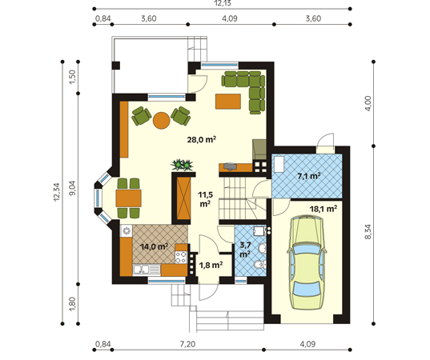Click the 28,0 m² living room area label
click(202, 139)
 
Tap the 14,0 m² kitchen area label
click(154, 246)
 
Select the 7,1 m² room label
click(309, 176)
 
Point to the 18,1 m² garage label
click(324, 209)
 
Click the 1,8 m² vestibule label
click(211, 265)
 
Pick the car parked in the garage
click(307, 262)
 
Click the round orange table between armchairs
click(162, 121)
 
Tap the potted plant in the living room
click(182, 165)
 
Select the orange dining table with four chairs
click(128, 198)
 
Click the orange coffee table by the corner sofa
click(228, 102)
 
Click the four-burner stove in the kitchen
click(181, 258)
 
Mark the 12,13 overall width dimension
click(223, 3)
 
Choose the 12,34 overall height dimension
click(57, 192)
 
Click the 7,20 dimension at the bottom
click(187, 344)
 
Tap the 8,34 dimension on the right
click(368, 232)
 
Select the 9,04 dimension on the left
click(72, 189)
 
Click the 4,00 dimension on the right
click(368, 103)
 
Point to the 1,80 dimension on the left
click(72, 304)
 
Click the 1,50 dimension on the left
click(72, 78)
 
